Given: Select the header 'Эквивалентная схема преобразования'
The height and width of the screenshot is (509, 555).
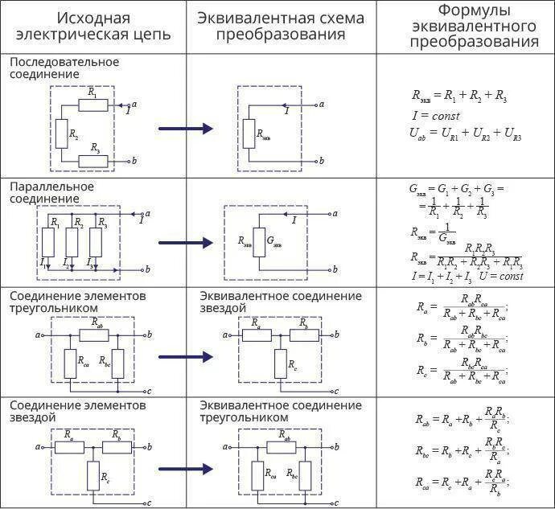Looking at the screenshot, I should click(x=280, y=27).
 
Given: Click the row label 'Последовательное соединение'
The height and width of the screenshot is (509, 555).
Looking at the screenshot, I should click(x=64, y=68).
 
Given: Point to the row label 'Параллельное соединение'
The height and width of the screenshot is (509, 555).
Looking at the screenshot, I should click(x=52, y=192).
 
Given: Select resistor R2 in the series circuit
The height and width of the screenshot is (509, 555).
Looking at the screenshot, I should click(x=61, y=133).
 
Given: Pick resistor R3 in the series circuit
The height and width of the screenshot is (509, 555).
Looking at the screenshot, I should click(x=95, y=162).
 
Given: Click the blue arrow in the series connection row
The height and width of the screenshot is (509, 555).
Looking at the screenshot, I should click(x=185, y=129).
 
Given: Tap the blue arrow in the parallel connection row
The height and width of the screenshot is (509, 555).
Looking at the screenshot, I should click(x=185, y=242).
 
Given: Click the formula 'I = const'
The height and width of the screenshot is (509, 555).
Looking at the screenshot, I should click(x=435, y=116).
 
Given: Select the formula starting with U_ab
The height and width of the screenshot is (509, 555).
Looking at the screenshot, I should click(x=465, y=133).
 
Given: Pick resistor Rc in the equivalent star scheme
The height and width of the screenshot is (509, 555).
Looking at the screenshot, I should click(x=280, y=365).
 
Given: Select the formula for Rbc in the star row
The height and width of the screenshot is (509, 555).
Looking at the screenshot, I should click(x=462, y=449).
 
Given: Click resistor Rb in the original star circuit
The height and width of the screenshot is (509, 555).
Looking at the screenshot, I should click(x=117, y=445).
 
